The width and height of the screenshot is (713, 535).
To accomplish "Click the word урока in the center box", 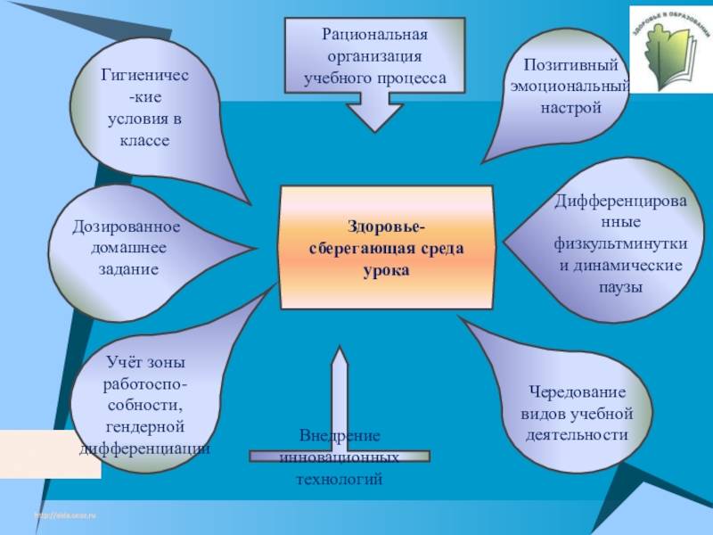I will click(x=386, y=268).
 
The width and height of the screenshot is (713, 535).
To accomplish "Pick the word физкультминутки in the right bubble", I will click(x=620, y=243).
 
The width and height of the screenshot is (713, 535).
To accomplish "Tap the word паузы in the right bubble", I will click(x=620, y=288).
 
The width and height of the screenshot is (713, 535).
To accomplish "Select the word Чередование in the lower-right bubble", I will click(x=578, y=393).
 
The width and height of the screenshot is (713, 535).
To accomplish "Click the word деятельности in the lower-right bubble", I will click(x=577, y=435).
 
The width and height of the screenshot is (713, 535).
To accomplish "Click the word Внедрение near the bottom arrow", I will click(x=340, y=436).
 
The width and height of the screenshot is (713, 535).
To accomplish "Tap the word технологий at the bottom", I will click(x=339, y=479).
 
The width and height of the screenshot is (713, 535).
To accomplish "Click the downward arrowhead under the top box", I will click(x=375, y=116).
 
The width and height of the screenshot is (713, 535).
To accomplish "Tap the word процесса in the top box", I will click(x=412, y=78).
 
